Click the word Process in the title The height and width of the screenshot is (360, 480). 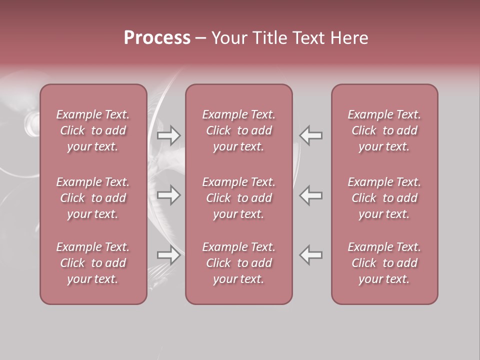click(157, 38)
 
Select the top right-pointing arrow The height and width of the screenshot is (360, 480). click(169, 135)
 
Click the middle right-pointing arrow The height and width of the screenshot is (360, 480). click(169, 195)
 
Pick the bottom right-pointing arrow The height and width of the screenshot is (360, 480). click(169, 255)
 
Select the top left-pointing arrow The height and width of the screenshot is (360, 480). click(311, 135)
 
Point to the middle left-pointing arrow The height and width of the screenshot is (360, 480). click(311, 195)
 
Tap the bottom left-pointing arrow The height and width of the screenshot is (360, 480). click(311, 255)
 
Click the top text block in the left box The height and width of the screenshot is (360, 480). click(93, 130)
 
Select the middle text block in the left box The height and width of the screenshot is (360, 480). click(93, 198)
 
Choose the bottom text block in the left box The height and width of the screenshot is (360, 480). click(93, 263)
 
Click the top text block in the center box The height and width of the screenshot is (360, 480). click(239, 130)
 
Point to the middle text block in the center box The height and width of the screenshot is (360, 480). click(239, 198)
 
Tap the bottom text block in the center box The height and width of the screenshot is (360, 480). click(239, 263)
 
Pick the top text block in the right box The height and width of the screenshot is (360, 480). click(384, 130)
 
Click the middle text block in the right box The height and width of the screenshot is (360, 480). click(384, 198)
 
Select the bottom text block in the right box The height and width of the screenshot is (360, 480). click(384, 263)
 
